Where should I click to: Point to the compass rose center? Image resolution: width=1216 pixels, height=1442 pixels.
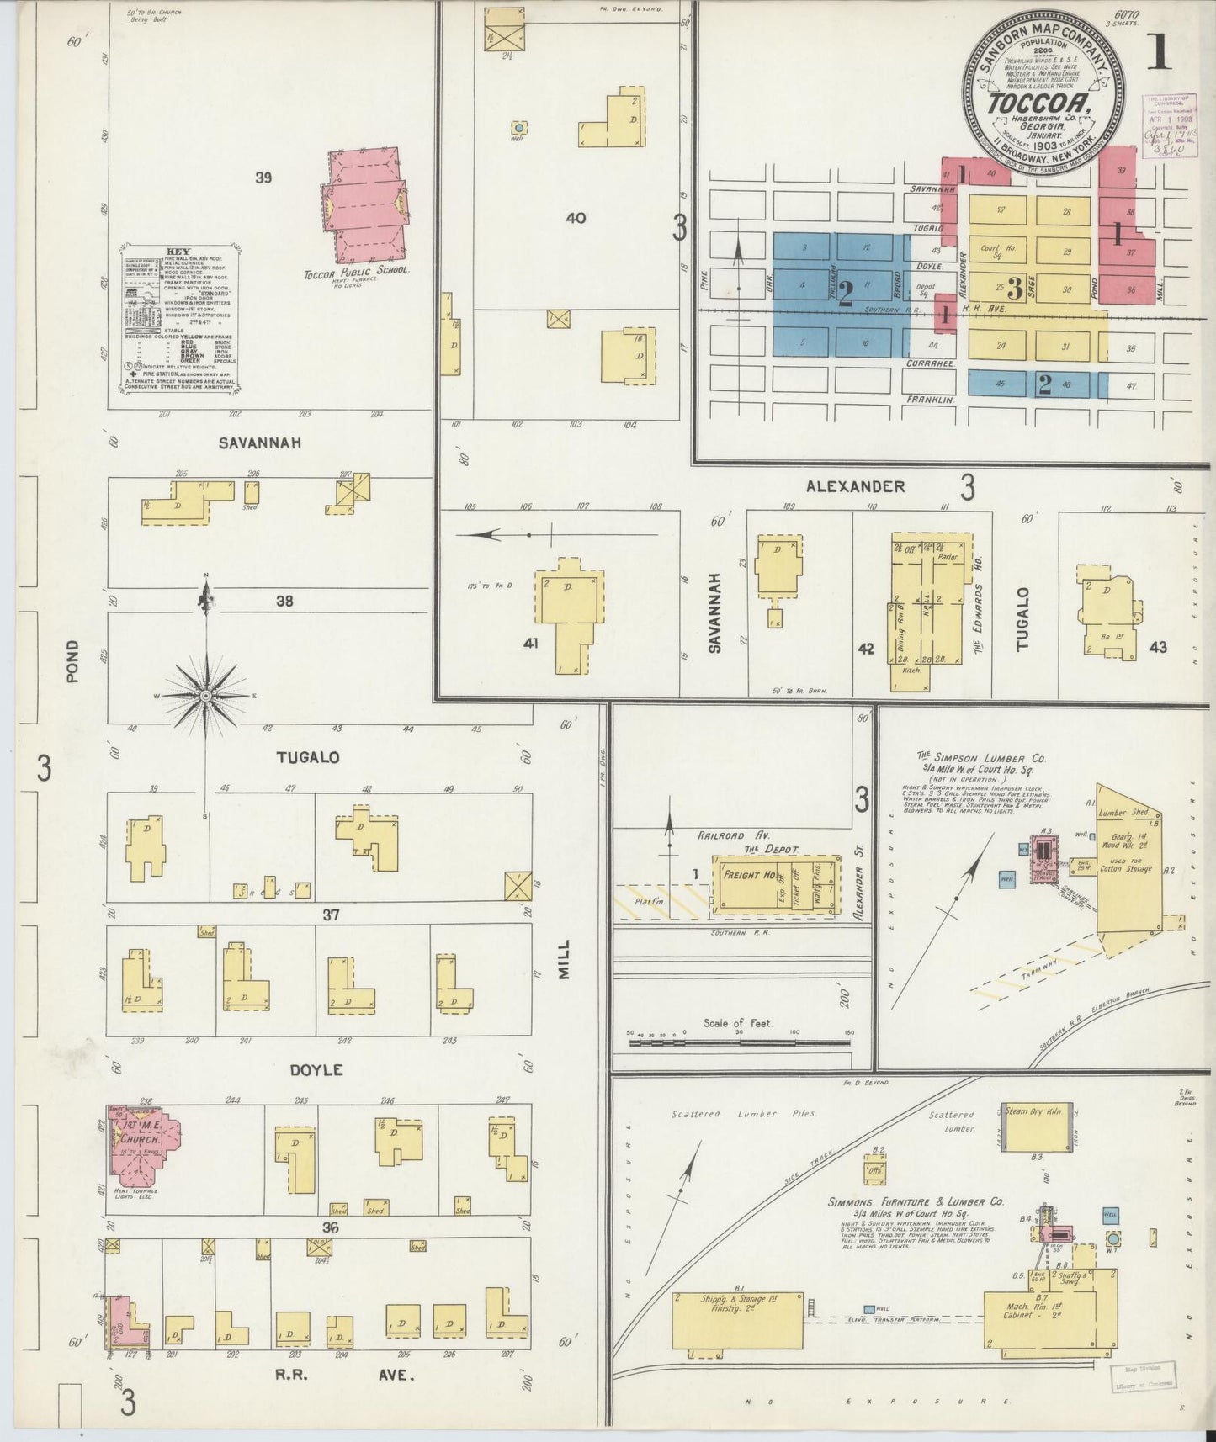point(205,697)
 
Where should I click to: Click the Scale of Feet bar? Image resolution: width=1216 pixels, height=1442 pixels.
point(741,1042)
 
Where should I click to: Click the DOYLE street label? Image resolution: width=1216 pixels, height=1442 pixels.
point(316,1070)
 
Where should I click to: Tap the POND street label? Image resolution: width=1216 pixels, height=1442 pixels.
point(72,660)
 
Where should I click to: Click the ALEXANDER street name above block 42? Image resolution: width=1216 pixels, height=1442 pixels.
point(855,486)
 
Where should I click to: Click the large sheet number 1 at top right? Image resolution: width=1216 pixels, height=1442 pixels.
point(1158,52)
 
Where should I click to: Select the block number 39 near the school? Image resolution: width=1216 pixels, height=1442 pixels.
point(263,178)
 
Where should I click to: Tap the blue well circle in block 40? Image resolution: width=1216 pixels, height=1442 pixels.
point(520,128)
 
